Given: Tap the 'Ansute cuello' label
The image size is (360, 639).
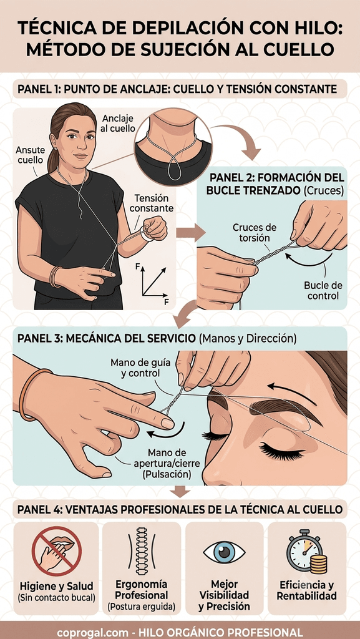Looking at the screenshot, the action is pyautogui.click(x=29, y=155).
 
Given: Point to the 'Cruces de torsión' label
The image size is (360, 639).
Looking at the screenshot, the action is pyautogui.click(x=254, y=232).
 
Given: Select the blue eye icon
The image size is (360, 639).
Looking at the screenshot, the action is pyautogui.click(x=225, y=552).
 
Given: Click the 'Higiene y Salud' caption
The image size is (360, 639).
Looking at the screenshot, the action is pyautogui.click(x=57, y=587).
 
